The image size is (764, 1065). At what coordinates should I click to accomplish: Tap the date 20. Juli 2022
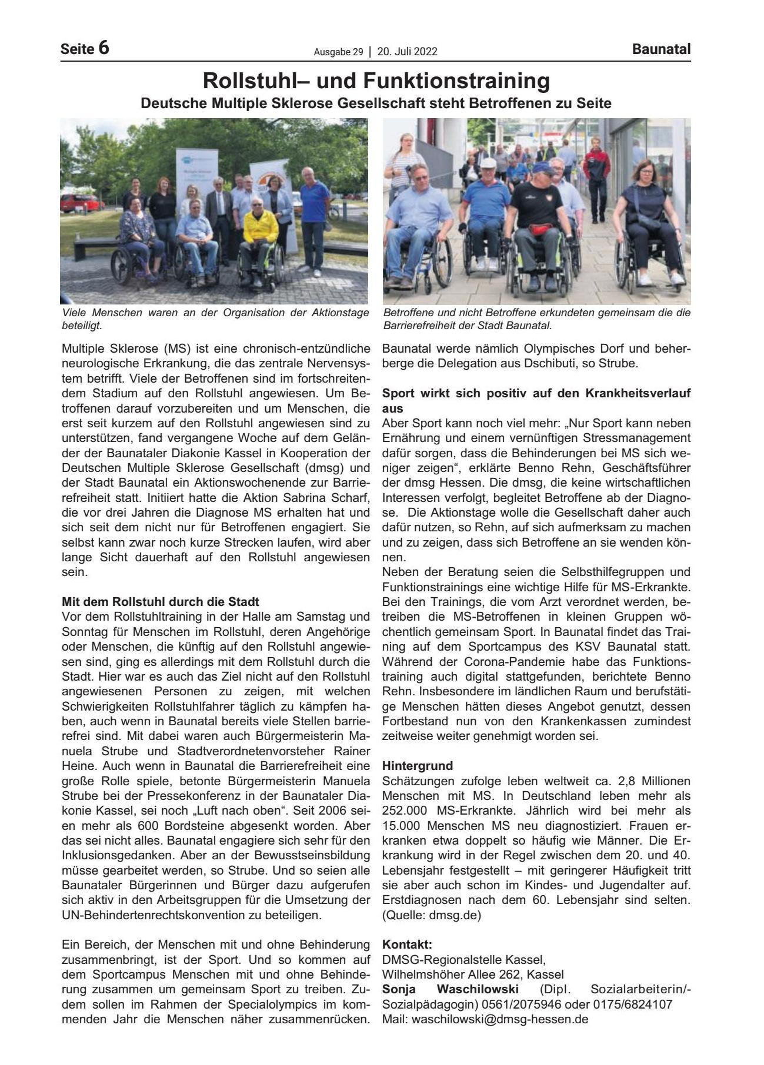click(407, 52)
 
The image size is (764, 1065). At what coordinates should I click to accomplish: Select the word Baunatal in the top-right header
click(661, 49)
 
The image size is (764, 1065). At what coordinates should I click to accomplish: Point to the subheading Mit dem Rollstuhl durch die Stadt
click(161, 602)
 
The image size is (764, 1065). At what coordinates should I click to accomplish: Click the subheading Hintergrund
click(418, 766)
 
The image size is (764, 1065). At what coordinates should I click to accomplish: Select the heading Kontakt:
click(407, 945)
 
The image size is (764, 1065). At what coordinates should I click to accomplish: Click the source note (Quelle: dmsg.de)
click(431, 915)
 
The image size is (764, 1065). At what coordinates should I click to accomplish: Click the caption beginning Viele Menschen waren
click(215, 318)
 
